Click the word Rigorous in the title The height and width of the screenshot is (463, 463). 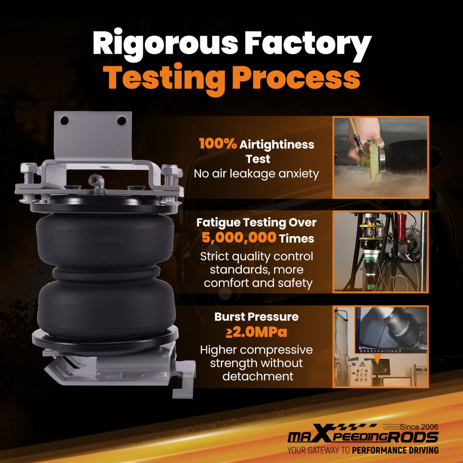coord(165,44)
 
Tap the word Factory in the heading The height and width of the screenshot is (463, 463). coord(307,44)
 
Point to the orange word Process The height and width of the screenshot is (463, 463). coord(296,77)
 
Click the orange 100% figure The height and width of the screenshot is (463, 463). coord(218,144)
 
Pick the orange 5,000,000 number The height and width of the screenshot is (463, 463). coord(239,238)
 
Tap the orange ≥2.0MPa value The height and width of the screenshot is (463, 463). coord(257,332)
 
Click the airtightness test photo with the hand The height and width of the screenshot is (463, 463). coord(381,157)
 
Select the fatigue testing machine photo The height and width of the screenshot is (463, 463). coord(381,251)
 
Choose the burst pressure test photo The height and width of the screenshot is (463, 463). coord(381,347)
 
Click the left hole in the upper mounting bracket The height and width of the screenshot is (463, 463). coord(64,120)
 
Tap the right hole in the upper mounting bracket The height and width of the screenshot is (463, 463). coord(122,120)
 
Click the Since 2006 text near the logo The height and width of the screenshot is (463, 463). coord(419,427)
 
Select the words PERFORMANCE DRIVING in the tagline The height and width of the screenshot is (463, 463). coord(395,450)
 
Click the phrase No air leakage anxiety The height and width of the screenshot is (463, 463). coord(257,174)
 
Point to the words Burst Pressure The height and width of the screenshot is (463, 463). coord(257,317)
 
